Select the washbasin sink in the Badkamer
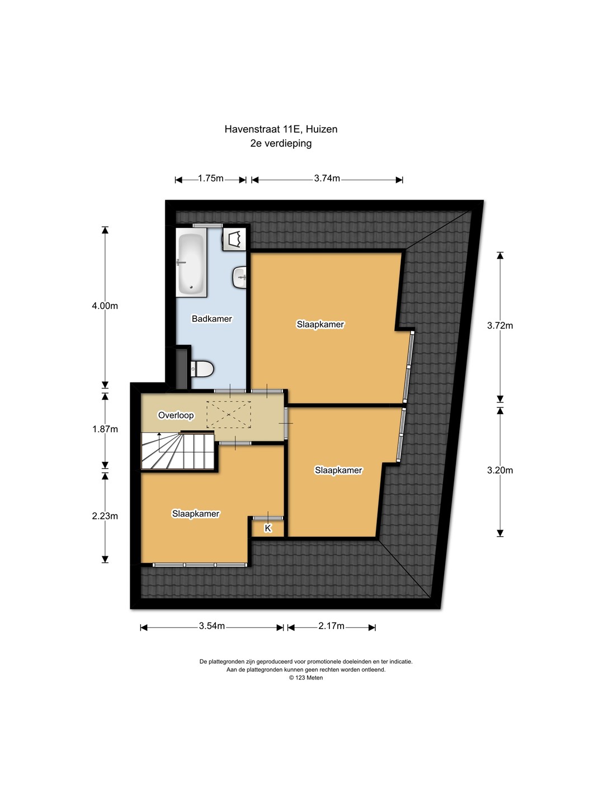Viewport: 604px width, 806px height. (x=239, y=277)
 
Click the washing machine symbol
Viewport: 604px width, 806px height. (x=234, y=239)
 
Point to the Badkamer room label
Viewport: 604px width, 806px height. (x=211, y=318)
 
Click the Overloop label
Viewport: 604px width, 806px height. (x=176, y=415)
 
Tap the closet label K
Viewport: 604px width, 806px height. (x=268, y=528)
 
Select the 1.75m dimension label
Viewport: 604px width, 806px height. (x=210, y=179)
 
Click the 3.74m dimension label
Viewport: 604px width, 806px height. (x=327, y=179)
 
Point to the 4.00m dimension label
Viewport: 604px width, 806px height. (x=105, y=306)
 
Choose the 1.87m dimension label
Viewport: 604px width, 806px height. (x=105, y=429)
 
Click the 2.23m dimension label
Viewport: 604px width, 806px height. (x=105, y=516)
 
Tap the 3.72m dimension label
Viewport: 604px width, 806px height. (x=500, y=325)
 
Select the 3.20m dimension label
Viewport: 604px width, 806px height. (x=500, y=470)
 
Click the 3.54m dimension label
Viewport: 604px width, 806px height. (x=211, y=626)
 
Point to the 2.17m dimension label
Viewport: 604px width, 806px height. (x=331, y=626)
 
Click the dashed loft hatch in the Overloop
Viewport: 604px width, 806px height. (x=229, y=415)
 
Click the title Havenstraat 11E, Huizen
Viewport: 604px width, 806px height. (x=281, y=129)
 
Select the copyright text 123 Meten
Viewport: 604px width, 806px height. (x=306, y=678)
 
